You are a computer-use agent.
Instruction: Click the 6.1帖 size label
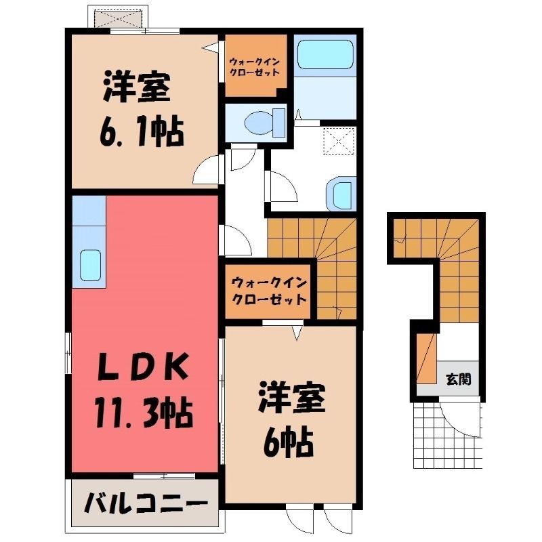141,132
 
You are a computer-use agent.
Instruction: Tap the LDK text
143,367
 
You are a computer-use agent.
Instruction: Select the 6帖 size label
288,443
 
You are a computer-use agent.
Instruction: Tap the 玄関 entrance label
459,379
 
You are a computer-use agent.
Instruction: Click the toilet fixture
264,123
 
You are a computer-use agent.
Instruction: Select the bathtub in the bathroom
325,55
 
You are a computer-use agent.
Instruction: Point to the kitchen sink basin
90,265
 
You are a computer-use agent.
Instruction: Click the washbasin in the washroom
341,193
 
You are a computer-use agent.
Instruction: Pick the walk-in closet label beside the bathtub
254,67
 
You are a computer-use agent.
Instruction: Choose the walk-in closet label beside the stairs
270,291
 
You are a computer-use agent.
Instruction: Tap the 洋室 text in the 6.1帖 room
137,87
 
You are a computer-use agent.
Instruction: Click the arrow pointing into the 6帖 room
297,333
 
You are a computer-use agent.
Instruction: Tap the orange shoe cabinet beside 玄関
427,358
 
